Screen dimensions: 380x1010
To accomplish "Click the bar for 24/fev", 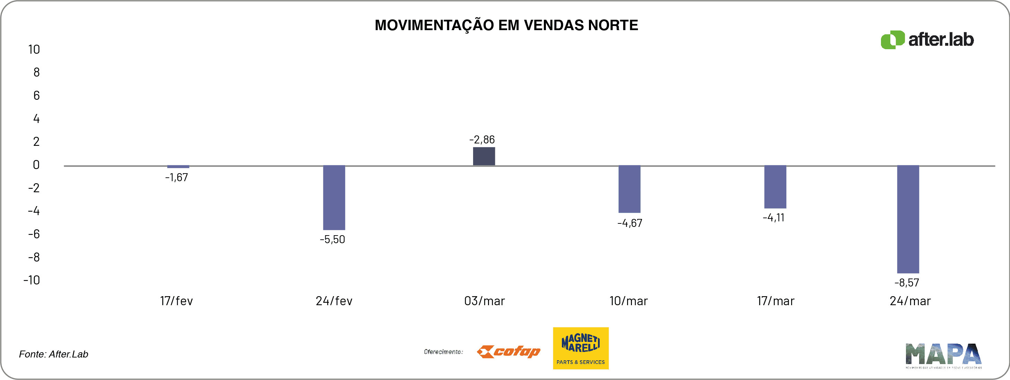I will [334, 197].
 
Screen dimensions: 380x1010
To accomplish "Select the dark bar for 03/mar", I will [484, 156].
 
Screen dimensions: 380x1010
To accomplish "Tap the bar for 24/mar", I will [908, 219].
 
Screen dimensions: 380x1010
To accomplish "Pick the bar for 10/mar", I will [629, 189].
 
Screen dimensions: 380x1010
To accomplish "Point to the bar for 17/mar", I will [775, 187].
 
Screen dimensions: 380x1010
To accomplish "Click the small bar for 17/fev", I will [178, 167].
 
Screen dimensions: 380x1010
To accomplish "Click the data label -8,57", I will [907, 282].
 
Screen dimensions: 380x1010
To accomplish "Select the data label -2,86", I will [482, 140].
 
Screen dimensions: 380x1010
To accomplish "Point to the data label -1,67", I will [177, 177].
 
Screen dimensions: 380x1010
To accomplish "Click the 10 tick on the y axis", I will [34, 49].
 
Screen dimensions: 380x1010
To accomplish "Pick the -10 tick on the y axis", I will [32, 280].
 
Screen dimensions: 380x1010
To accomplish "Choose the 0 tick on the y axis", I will [36, 165].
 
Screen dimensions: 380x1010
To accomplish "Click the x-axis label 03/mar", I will [484, 301].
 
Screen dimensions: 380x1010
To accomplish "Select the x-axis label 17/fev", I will [177, 301].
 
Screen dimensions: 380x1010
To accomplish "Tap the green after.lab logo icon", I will [893, 39].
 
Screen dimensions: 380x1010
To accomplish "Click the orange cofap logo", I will [508, 351].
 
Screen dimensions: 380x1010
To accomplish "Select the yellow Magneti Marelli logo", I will [581, 348].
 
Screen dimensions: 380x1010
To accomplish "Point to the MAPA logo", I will [943, 355].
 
